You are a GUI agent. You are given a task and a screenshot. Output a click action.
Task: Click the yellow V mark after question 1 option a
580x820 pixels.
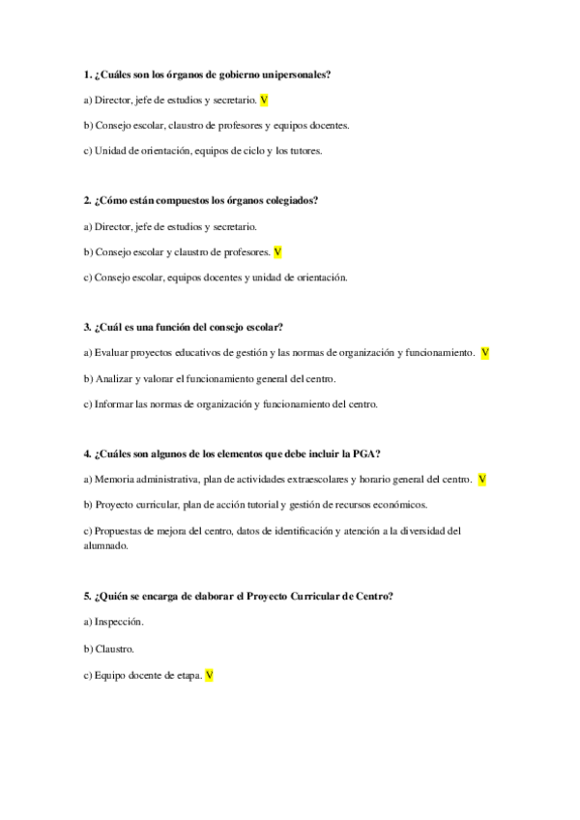point(264,100)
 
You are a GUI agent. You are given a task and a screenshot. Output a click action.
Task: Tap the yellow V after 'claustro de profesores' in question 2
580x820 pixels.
point(277,251)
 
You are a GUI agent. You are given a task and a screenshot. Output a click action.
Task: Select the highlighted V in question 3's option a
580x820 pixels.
point(484,353)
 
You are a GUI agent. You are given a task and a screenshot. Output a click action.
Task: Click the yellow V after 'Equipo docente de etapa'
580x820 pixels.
point(209,676)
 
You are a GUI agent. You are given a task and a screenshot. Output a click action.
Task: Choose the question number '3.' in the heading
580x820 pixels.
point(88,327)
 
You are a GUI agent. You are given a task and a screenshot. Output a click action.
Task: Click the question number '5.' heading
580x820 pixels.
point(88,596)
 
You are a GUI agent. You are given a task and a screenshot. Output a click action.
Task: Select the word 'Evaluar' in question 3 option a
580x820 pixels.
point(112,353)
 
